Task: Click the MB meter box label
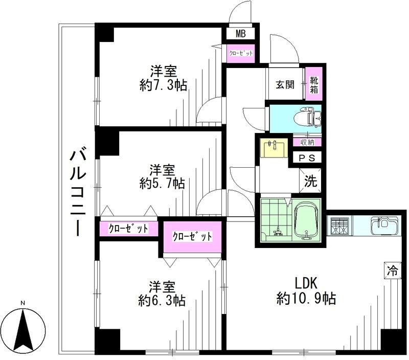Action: [x=241, y=34]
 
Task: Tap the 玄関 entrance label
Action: [x=285, y=85]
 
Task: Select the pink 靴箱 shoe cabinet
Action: [x=313, y=84]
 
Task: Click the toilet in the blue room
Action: [x=310, y=118]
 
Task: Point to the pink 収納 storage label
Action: [x=307, y=142]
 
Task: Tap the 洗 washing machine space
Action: [x=310, y=180]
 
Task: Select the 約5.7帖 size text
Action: [x=162, y=183]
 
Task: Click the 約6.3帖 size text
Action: [x=162, y=300]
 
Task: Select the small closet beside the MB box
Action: [x=241, y=53]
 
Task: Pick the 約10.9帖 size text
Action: [x=306, y=299]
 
